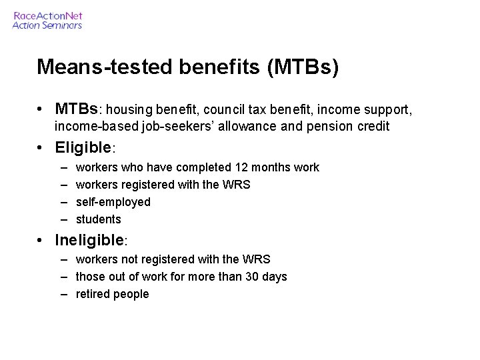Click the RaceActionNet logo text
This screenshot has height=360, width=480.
click(x=47, y=15)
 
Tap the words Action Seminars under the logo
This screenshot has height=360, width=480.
click(x=47, y=25)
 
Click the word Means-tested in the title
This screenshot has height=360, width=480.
click(x=87, y=67)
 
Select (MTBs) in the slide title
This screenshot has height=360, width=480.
click(x=303, y=67)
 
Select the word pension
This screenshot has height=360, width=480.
click(x=325, y=126)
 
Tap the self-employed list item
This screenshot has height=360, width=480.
click(x=113, y=202)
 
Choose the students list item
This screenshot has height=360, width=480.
click(x=99, y=219)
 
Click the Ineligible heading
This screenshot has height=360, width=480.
click(x=90, y=239)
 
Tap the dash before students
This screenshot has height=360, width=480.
click(x=63, y=219)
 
